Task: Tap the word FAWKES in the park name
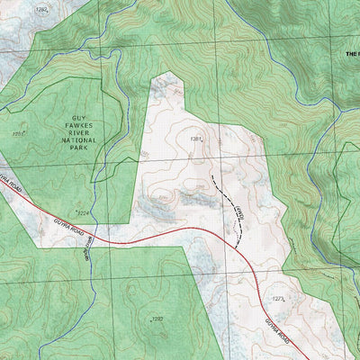58,116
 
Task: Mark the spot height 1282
40,9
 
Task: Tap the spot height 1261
18,134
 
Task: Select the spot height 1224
82,213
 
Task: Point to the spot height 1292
157,319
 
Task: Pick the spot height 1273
278,298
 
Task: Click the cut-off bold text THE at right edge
352,54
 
